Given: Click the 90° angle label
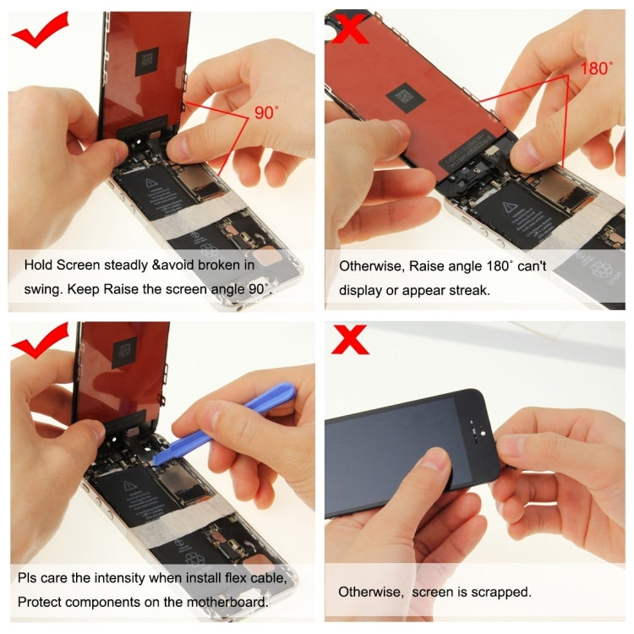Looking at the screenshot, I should point(265,112).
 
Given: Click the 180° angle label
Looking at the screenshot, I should point(597,68).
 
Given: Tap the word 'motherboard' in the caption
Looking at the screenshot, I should point(227,602).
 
